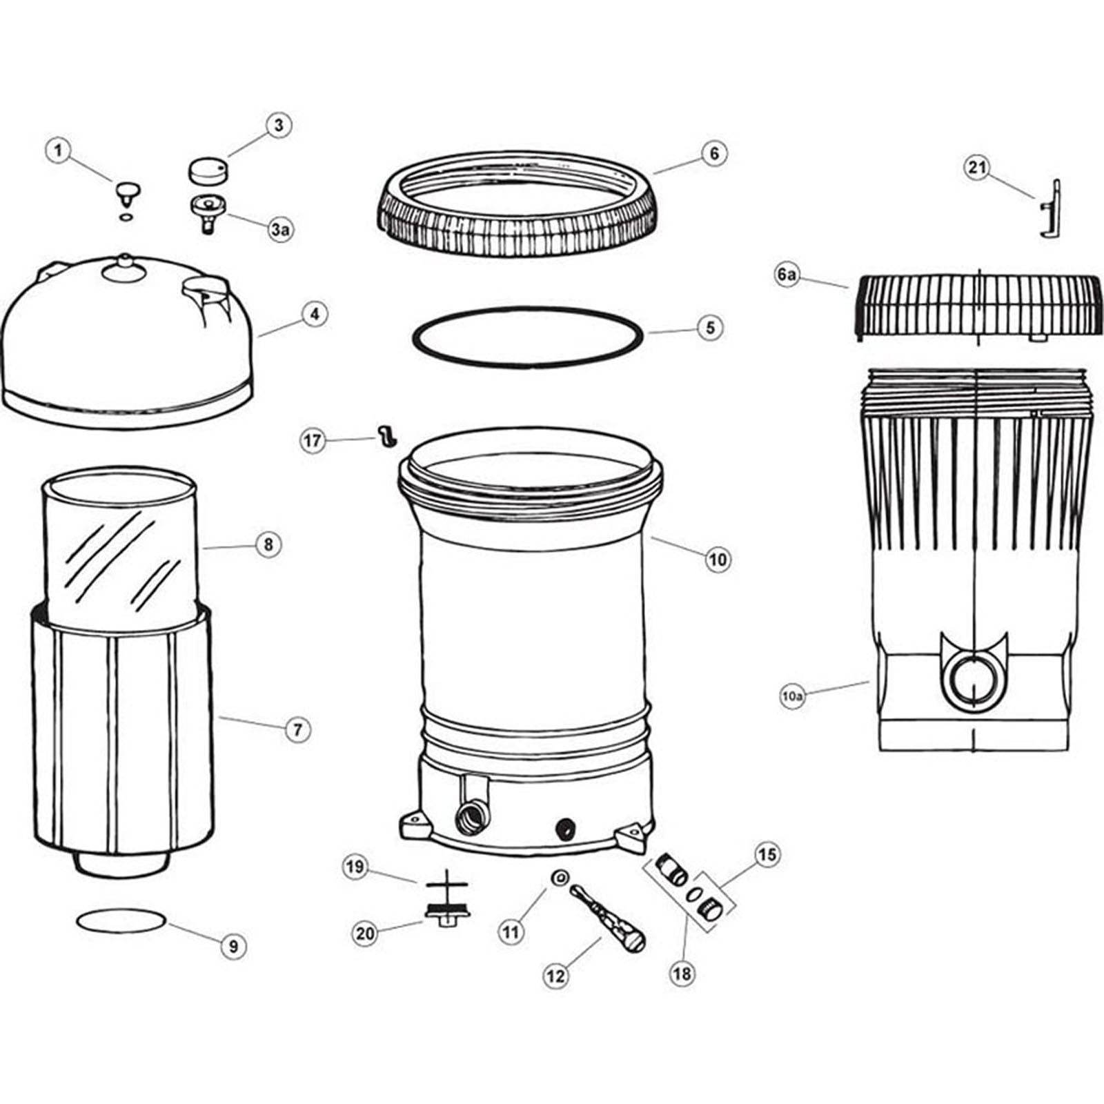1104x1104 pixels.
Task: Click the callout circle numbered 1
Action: (x=59, y=150)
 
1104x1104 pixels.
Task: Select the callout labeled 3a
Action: (x=279, y=230)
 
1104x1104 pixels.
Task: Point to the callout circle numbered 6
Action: (x=714, y=152)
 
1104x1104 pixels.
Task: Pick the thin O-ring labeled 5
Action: (x=527, y=364)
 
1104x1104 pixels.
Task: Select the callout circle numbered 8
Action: (x=268, y=544)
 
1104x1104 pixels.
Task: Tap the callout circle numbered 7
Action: (x=297, y=729)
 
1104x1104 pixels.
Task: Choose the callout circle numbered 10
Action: (x=718, y=559)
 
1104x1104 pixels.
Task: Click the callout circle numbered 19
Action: (x=355, y=867)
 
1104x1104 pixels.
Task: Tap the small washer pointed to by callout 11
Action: (x=560, y=878)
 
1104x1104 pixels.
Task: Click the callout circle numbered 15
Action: (x=767, y=855)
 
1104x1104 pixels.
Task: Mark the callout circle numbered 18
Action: (x=683, y=973)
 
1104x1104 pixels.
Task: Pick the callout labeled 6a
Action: (x=787, y=275)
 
